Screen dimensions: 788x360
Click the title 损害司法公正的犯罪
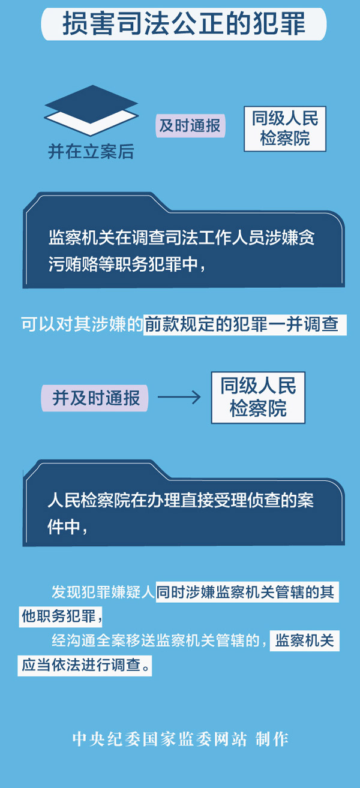(x=184, y=25)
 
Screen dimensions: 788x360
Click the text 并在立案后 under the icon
(x=91, y=152)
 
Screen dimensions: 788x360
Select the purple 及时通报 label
(x=189, y=125)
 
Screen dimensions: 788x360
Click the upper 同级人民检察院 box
(x=285, y=128)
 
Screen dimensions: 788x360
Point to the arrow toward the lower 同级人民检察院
(x=179, y=397)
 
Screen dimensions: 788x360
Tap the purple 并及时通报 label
(x=95, y=398)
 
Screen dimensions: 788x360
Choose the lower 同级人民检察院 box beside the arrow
(x=258, y=397)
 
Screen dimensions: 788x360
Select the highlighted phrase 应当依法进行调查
(x=84, y=665)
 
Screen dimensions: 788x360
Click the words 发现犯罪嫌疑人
(x=103, y=592)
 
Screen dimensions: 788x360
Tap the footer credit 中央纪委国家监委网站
(x=159, y=739)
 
